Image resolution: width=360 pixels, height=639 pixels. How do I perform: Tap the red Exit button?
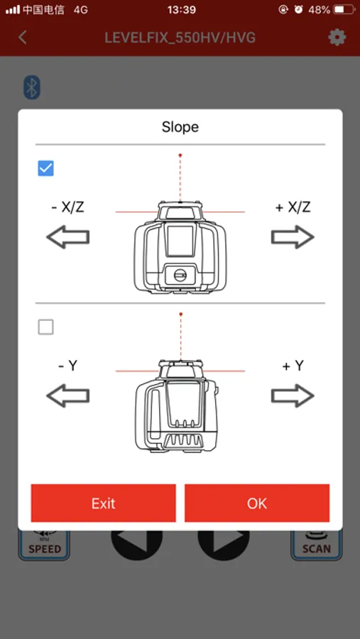tap(103, 503)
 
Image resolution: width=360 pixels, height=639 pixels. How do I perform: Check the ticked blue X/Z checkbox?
tap(45, 168)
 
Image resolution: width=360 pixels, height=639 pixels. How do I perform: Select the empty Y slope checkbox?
tap(45, 327)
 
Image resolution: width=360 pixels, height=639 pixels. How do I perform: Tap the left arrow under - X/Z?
tap(67, 236)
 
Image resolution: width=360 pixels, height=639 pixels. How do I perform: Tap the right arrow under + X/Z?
tap(293, 236)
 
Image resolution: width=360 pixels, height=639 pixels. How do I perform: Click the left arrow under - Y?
tap(67, 395)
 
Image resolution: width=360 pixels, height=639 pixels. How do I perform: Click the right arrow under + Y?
tap(293, 395)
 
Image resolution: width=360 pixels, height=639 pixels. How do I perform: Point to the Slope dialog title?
tap(180, 127)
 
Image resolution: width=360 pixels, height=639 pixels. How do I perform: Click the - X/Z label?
tap(67, 207)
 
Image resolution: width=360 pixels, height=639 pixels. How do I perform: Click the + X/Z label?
tap(293, 207)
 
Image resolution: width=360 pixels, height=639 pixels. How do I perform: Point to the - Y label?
tap(67, 366)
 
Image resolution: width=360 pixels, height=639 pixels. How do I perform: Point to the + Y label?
tap(293, 366)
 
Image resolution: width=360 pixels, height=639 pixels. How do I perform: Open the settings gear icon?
tap(337, 38)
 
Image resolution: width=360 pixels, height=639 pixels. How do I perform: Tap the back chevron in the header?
tap(23, 38)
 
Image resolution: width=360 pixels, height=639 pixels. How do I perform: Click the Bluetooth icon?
tap(32, 87)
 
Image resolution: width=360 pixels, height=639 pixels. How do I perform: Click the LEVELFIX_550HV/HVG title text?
tap(180, 38)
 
